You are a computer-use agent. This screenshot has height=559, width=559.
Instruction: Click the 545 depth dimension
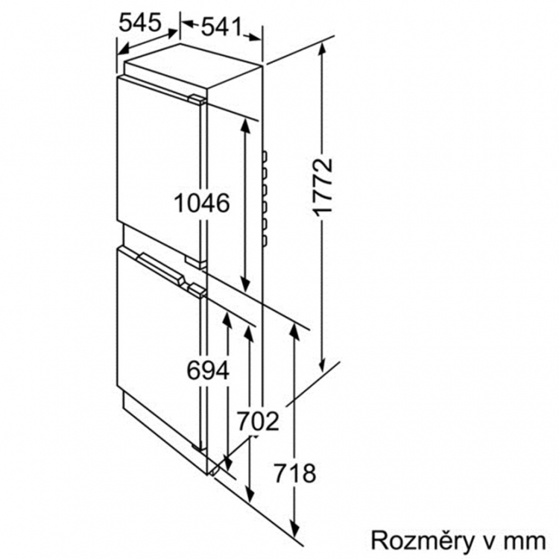tap(140, 23)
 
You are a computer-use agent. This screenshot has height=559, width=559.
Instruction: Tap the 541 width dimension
tap(222, 27)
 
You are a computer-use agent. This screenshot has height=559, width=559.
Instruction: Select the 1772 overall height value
tap(323, 187)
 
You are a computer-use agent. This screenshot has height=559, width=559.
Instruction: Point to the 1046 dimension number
tap(202, 203)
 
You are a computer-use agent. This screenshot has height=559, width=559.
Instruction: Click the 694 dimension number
tap(208, 370)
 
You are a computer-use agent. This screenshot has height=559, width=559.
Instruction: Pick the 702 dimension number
tap(258, 421)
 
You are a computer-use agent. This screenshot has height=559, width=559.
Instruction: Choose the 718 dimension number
tap(294, 473)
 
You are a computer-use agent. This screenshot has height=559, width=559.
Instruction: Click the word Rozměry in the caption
tap(423, 540)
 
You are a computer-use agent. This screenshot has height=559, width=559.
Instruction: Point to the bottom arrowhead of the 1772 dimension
tap(322, 365)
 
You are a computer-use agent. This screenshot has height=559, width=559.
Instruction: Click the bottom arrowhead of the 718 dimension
tap(294, 530)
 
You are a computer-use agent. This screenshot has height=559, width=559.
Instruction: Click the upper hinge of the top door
tap(198, 100)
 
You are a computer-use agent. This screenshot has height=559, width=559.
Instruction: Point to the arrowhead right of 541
tap(254, 37)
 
